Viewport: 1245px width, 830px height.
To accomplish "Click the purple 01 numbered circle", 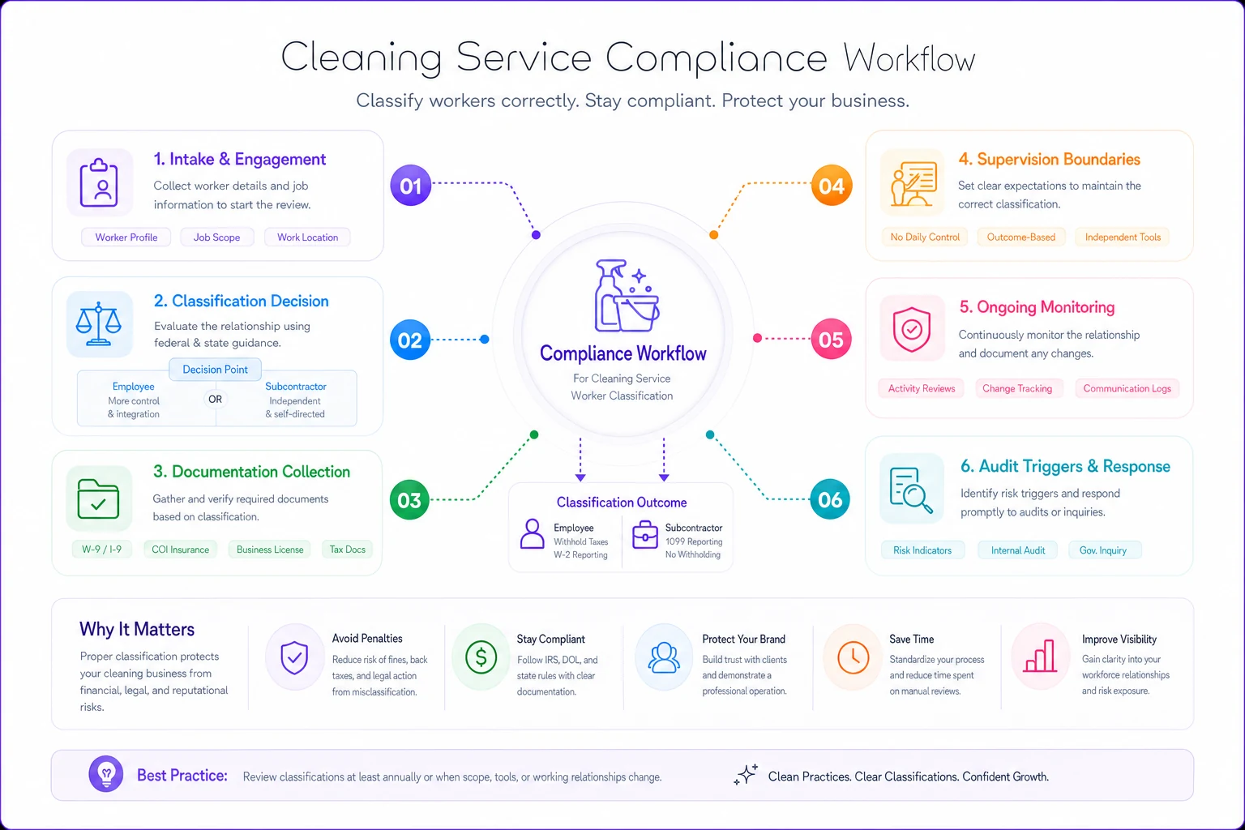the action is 411,185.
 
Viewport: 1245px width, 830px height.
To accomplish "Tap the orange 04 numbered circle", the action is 831,185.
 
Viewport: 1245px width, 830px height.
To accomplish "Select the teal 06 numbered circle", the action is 830,499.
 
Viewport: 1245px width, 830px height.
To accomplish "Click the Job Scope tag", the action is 216,237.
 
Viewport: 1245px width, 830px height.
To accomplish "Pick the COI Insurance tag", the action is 181,550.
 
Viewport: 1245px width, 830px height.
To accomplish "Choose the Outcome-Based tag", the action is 1021,237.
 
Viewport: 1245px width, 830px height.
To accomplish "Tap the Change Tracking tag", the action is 1017,388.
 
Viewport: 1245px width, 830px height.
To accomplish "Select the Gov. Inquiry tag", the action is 1103,550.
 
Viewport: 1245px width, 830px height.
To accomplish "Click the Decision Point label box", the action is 215,369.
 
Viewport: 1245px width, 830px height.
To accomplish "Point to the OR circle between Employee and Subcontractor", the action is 215,399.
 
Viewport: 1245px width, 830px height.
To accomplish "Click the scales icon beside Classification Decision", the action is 98,323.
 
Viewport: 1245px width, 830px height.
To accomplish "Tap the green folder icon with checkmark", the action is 98,498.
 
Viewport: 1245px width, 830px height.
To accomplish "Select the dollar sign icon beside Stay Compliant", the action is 481,657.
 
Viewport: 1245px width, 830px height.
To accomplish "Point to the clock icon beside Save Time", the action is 854,657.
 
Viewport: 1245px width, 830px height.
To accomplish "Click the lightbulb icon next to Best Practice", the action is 106,773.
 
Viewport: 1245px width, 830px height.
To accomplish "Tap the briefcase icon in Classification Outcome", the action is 644,534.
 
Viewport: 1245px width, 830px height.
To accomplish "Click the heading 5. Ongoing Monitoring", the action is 1037,307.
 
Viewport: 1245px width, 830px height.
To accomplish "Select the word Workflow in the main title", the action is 909,58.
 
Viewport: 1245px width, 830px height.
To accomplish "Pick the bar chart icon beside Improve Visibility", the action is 1041,656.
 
